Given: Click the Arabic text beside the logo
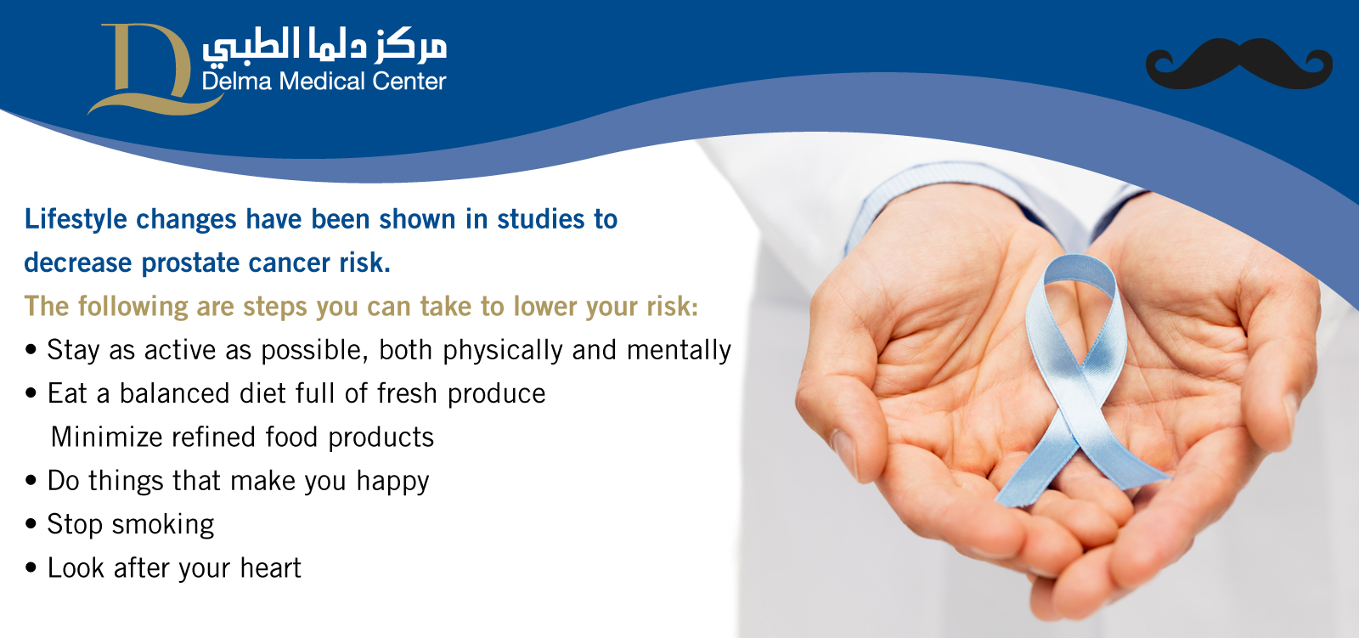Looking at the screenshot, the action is point(324,46).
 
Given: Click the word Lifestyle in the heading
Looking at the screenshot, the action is point(76,220).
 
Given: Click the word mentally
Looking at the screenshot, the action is point(679,351).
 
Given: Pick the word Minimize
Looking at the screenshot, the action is point(106,437).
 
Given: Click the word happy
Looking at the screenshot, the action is point(393,482).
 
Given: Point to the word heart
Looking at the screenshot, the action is point(271,568).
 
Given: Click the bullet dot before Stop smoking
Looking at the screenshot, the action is point(31,524).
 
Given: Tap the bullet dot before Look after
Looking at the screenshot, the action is point(31,567).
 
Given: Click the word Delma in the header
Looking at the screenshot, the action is point(237,81).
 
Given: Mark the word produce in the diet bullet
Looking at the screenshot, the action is point(496,394).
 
